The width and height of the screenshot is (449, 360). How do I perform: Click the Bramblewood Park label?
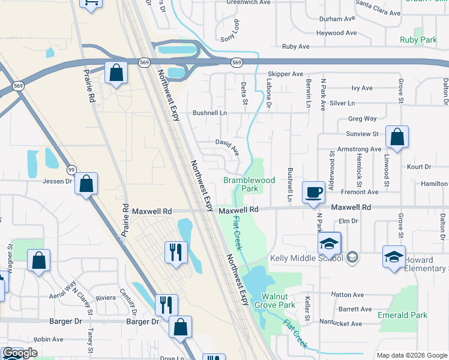pos(249,184)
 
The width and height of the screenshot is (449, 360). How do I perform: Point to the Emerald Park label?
pos(402,315)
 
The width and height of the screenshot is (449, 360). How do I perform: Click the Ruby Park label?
pos(418,40)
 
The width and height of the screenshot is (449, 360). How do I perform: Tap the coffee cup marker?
pos(313,193)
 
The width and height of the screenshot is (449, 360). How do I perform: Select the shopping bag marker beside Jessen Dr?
pos(86,184)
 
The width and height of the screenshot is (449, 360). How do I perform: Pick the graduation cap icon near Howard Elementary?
pos(393,257)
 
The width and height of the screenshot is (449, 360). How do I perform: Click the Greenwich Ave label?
pos(249,2)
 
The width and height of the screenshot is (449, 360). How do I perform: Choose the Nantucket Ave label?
pos(341,324)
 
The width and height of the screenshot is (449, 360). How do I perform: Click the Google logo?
pos(20,353)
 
